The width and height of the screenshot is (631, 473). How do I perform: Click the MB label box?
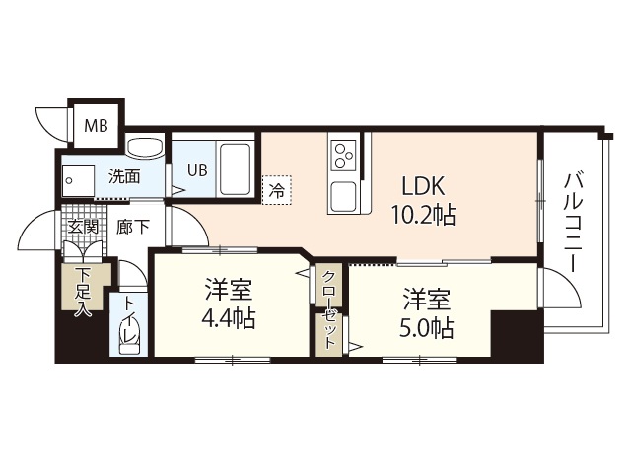[96, 125]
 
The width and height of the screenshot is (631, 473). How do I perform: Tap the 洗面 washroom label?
[124, 177]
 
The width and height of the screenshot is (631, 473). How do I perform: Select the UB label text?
[198, 169]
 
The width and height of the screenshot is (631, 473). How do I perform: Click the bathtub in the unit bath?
[236, 169]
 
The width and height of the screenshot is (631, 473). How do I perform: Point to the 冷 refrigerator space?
[277, 190]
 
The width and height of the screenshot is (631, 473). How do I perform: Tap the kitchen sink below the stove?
[344, 196]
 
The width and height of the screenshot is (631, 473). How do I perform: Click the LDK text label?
[425, 185]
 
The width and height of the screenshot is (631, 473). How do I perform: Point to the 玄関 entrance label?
[81, 227]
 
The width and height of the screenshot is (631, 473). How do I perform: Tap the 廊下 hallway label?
[134, 227]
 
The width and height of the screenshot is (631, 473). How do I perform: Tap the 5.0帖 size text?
[427, 326]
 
